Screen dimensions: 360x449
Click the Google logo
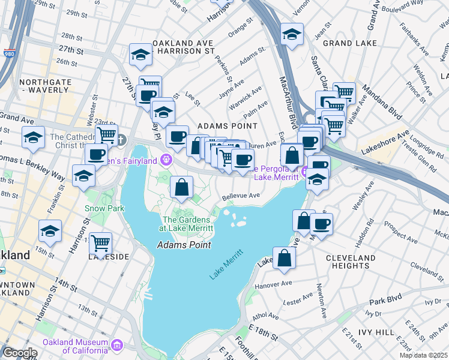(x=19, y=353)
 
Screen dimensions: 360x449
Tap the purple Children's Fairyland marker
(x=166, y=160)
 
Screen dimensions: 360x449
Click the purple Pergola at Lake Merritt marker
(x=305, y=171)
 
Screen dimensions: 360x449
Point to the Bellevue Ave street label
(x=241, y=196)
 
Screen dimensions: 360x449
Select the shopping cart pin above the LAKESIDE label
(x=100, y=243)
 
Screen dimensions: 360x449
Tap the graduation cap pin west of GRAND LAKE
(x=292, y=34)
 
